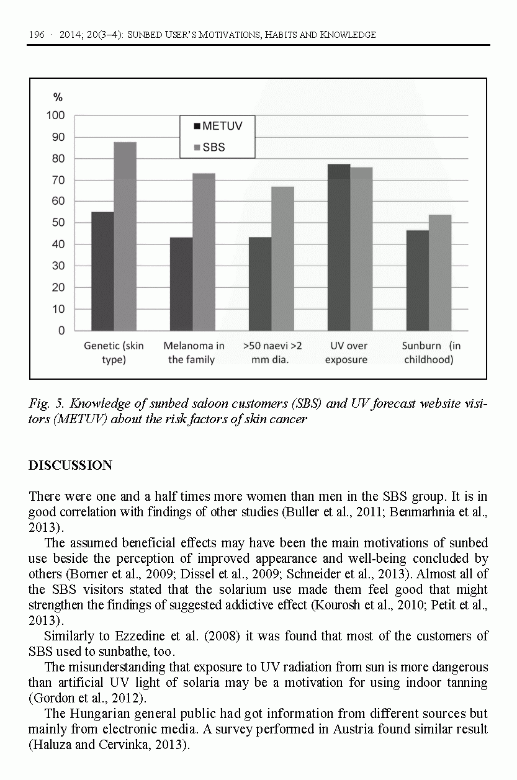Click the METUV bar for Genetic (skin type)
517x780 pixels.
(x=102, y=271)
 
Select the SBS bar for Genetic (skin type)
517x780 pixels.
(x=125, y=236)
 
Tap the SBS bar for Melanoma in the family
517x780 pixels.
(x=204, y=251)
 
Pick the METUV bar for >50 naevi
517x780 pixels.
(x=260, y=284)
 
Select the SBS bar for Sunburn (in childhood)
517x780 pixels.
(x=440, y=272)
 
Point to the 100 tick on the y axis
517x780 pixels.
(x=56, y=115)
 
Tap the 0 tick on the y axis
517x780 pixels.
(x=61, y=331)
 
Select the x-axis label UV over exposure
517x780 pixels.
(x=346, y=352)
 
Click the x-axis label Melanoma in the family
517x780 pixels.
(x=194, y=352)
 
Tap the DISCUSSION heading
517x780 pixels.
(x=70, y=465)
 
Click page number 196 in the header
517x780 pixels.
(x=37, y=35)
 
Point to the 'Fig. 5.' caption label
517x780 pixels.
(x=46, y=404)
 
